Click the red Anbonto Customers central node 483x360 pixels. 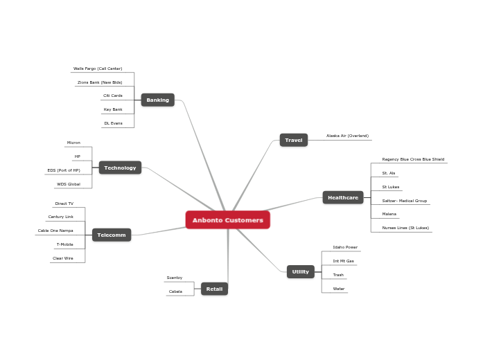point(227,220)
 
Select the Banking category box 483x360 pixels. point(157,100)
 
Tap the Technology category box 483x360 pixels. point(120,168)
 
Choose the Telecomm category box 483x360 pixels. point(112,235)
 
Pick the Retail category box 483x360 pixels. point(214,289)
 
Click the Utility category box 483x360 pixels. point(300,271)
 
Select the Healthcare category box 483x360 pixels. point(343,197)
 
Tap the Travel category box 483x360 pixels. point(294,140)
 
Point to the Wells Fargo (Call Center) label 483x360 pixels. point(98,69)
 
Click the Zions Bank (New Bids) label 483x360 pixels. point(100,82)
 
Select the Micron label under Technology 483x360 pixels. point(73,143)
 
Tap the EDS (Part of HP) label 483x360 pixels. point(64,170)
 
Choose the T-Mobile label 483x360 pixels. point(64,244)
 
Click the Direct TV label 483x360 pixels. point(64,204)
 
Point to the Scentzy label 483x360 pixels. point(175,278)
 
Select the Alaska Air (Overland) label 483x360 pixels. point(347,136)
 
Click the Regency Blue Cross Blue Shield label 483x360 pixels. point(413,159)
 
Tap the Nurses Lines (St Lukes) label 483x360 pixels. point(405,228)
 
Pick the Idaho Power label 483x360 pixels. point(345,247)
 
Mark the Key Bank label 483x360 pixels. point(113,109)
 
